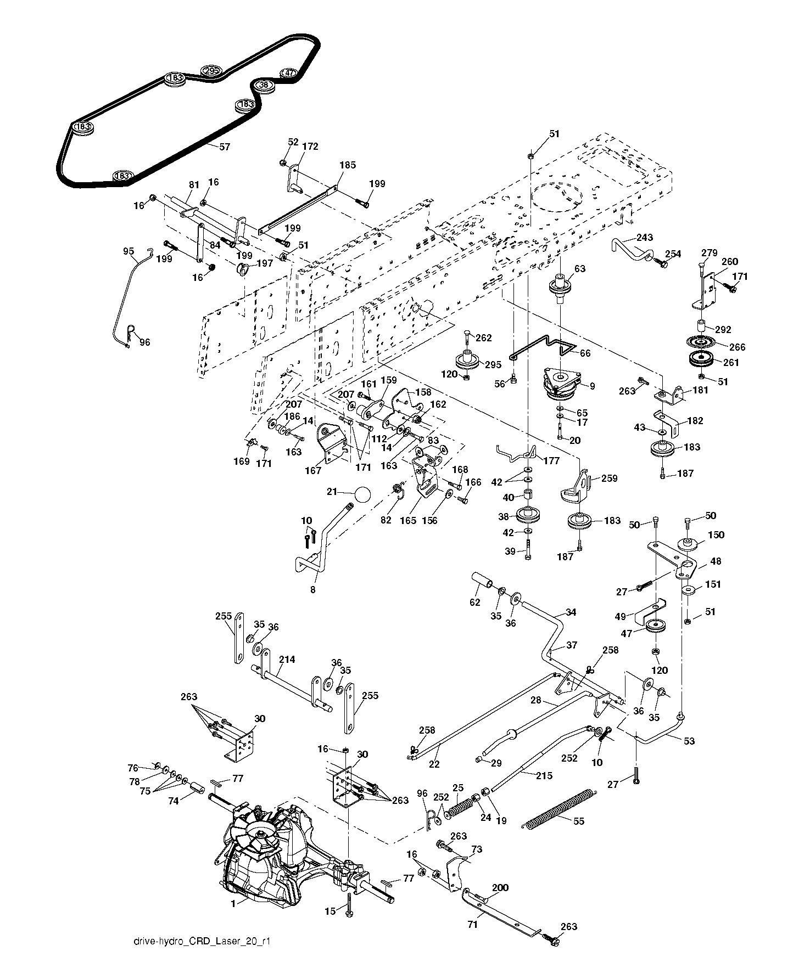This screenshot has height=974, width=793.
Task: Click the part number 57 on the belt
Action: coord(225,147)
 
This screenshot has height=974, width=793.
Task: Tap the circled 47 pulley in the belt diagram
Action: coord(289,73)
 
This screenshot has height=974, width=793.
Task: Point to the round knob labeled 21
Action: coord(362,493)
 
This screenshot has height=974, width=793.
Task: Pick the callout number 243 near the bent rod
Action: coord(645,238)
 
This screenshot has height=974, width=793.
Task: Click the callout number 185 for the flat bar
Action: coord(348,165)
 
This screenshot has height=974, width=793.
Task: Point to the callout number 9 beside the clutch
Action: coord(592,386)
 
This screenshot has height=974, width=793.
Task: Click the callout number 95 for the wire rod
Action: coord(129,251)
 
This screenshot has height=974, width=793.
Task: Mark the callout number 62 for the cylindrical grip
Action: coord(474,603)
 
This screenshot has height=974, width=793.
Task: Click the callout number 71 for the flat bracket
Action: coord(472,925)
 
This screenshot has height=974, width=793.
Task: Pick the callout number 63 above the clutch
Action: coord(580,269)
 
